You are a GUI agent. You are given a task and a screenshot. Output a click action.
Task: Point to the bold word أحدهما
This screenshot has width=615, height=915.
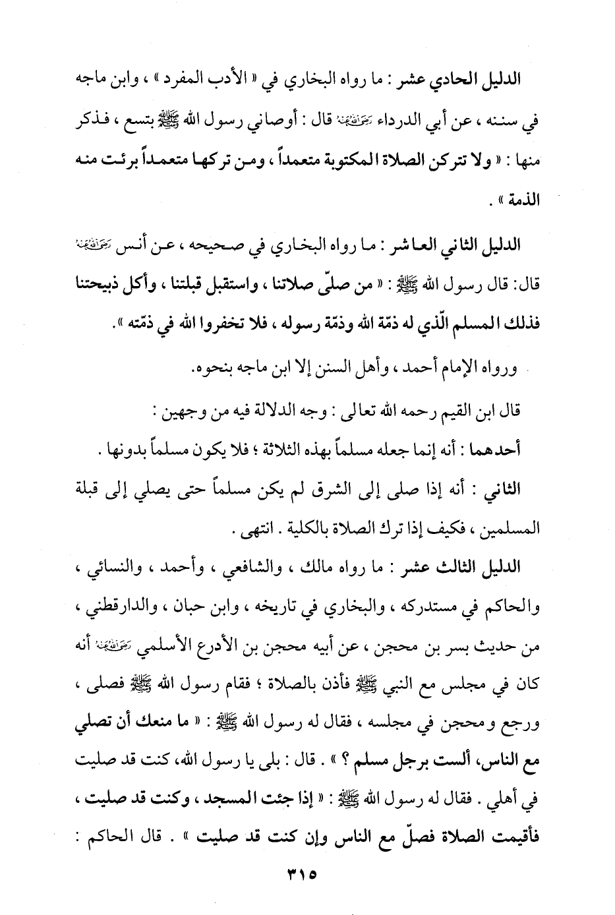498,450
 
